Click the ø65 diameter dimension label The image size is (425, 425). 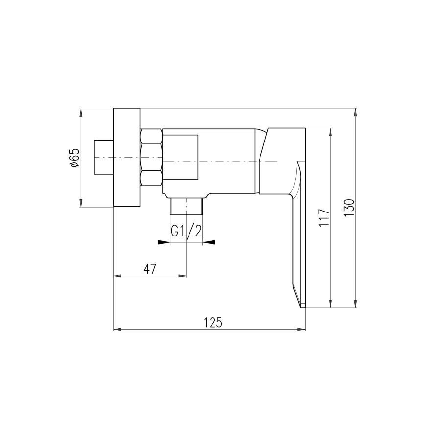tap(74, 158)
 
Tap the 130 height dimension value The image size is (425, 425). tap(348, 208)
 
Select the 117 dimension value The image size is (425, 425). tap(323, 217)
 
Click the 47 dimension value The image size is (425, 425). tap(149, 269)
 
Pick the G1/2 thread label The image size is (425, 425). tap(187, 231)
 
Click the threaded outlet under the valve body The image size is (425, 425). tap(187, 206)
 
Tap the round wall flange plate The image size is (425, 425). tap(127, 157)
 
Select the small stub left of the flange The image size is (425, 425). tap(103, 157)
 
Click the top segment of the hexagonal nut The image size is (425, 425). tap(151, 136)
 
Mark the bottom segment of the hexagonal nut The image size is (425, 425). tap(151, 178)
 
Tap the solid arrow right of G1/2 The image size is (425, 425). tap(209, 242)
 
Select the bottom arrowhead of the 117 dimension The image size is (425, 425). tap(331, 304)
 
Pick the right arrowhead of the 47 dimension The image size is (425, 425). tap(183, 276)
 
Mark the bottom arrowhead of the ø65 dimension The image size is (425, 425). tap(81, 203)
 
